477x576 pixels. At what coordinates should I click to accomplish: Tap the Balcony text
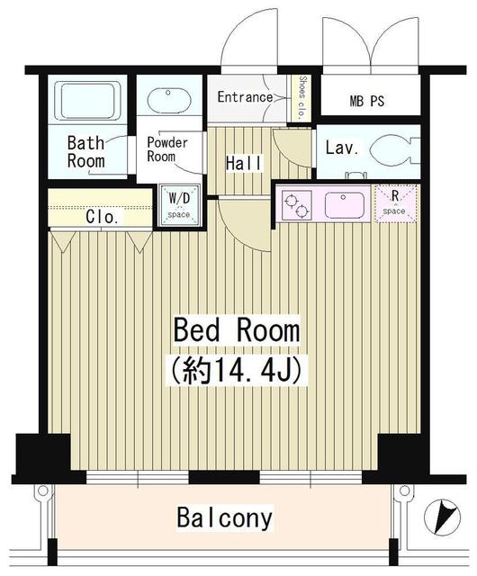[224, 518]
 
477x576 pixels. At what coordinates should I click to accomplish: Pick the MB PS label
[366, 101]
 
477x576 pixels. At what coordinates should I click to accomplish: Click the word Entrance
[244, 97]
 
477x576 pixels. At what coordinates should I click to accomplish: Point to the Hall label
[244, 163]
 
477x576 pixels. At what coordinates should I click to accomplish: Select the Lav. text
[338, 148]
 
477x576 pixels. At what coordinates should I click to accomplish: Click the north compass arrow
[440, 518]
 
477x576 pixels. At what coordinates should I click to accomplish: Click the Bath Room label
[86, 152]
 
